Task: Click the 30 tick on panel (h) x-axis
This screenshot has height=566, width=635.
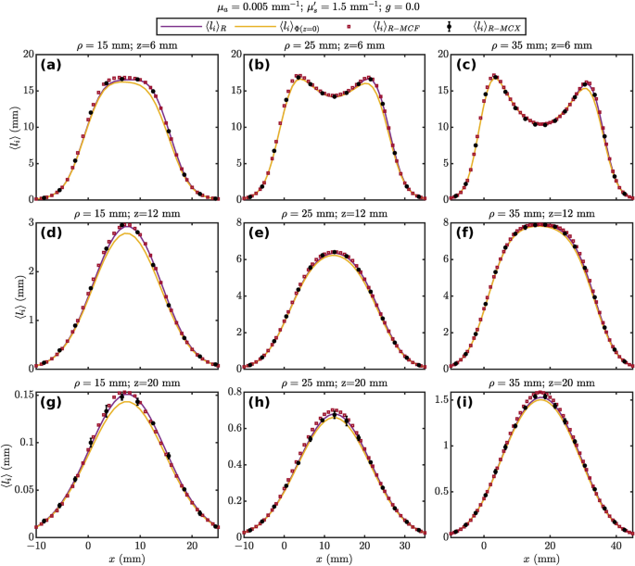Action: click(x=388, y=547)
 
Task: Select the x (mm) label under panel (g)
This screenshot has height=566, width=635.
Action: click(x=130, y=559)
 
